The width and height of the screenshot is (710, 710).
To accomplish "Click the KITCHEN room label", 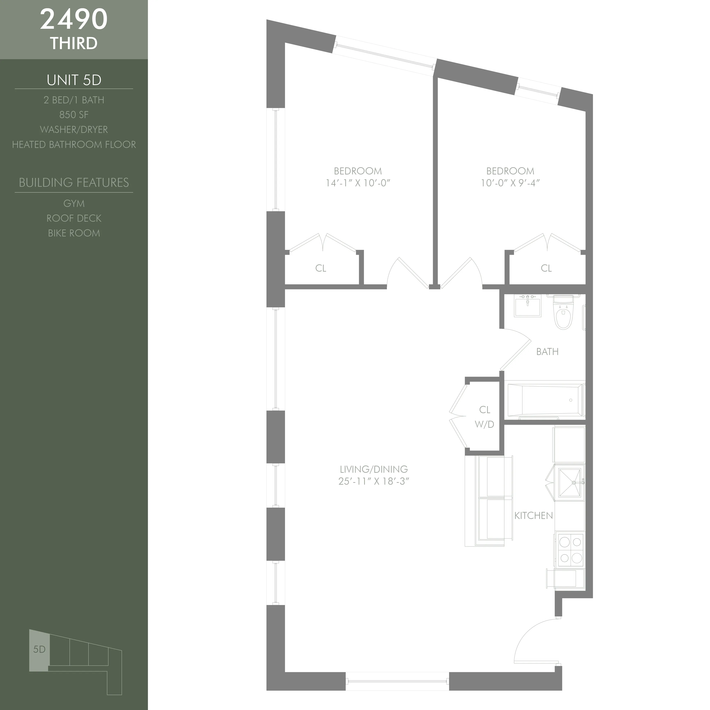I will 534,516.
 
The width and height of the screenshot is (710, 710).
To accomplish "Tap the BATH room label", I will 547,352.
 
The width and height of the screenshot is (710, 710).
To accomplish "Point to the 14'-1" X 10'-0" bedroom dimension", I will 358,183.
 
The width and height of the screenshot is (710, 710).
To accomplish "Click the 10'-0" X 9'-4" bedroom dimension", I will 510,183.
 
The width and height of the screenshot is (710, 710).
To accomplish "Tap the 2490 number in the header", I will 74,20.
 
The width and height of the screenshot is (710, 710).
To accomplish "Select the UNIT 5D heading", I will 74,80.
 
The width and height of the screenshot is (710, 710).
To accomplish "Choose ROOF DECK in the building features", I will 74,218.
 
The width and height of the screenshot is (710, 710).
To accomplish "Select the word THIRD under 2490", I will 74,43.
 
